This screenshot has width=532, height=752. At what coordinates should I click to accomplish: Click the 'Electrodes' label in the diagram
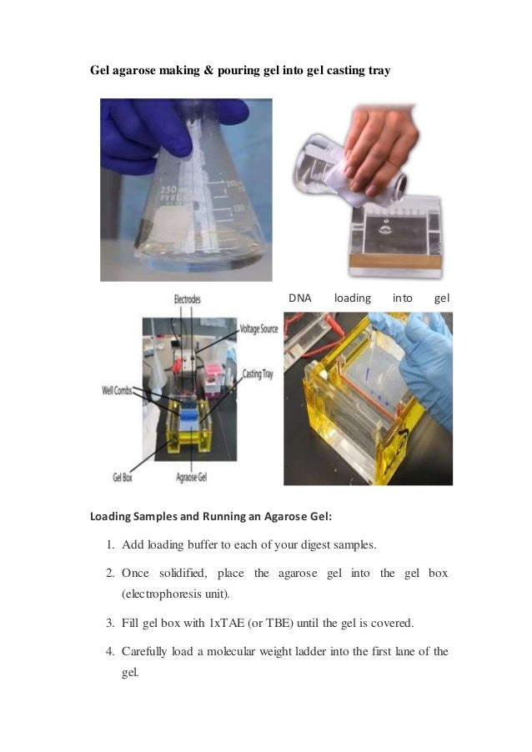187,298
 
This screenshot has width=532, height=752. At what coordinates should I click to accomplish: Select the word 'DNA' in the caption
300,298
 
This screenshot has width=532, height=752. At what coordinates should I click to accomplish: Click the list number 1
110,545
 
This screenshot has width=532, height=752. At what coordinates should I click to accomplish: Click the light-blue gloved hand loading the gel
417,350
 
